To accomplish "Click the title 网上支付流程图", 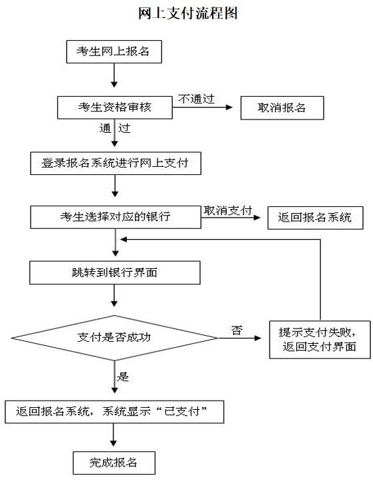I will [x=188, y=13].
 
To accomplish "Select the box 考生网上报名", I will [x=114, y=51].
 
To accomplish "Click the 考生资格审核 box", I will [x=114, y=107].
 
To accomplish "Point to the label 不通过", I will [x=196, y=99].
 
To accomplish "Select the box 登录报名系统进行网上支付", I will [x=115, y=162].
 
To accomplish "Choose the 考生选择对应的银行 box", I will [x=115, y=217].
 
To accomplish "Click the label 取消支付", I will [x=228, y=210].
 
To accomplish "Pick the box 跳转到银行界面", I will [x=115, y=272].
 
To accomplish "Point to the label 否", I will [x=236, y=330].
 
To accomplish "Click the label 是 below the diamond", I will [x=123, y=377].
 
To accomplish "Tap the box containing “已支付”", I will [x=114, y=412].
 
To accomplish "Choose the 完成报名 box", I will [x=114, y=462].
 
